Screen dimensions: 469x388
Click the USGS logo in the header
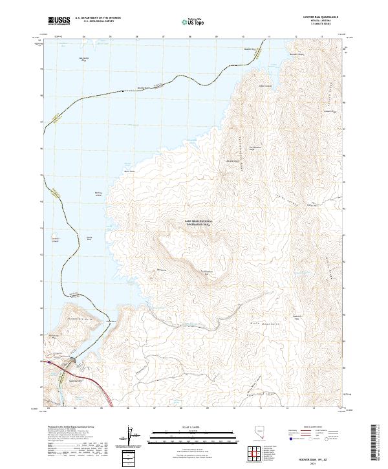coord(57,21)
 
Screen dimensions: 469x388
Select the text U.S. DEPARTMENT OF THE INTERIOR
coord(97,17)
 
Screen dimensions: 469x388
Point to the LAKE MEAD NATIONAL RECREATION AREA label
coord(198,223)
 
